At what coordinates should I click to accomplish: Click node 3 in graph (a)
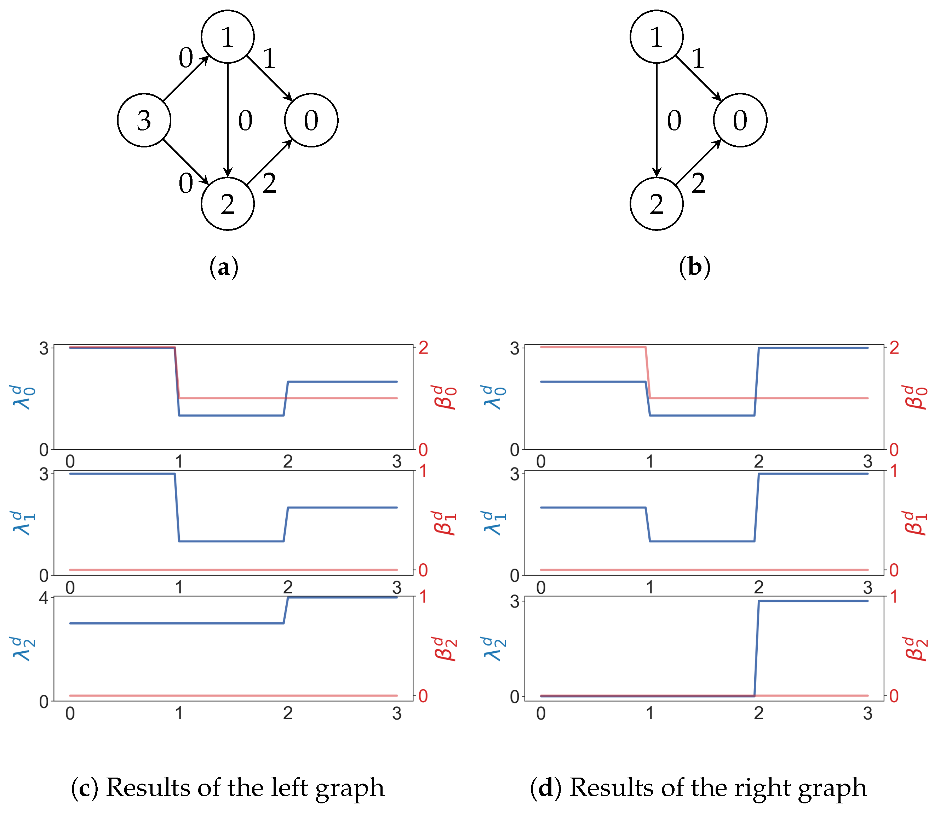point(144,120)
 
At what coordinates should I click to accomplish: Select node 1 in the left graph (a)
point(228,36)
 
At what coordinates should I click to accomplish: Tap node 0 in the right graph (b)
point(740,120)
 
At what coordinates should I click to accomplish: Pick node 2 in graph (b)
point(657,204)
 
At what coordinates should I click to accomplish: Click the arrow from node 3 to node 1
point(186,78)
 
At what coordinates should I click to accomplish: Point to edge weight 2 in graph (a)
point(270,184)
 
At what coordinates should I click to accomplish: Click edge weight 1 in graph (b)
point(698,59)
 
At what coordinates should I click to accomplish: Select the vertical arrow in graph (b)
point(657,120)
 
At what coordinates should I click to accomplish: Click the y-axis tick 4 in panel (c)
point(44,598)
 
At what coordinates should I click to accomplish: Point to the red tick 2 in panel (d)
point(894,348)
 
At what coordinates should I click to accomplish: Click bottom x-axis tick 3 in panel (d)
point(868,714)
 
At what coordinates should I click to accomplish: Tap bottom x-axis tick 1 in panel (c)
point(179,714)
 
